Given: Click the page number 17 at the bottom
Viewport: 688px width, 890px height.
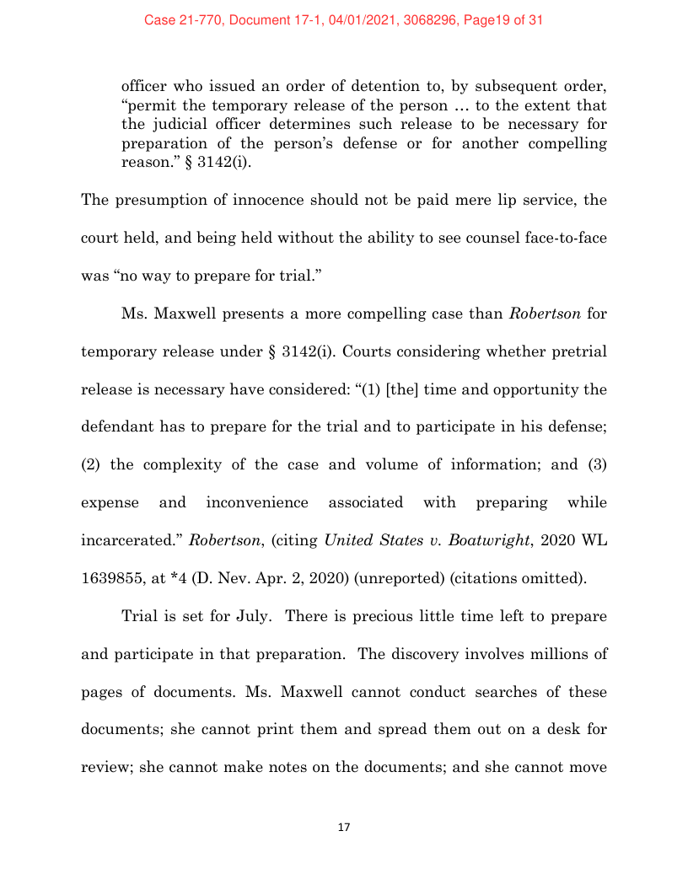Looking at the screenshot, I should pos(343,828).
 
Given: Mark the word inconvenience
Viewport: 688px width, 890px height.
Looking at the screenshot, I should pos(257,502).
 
